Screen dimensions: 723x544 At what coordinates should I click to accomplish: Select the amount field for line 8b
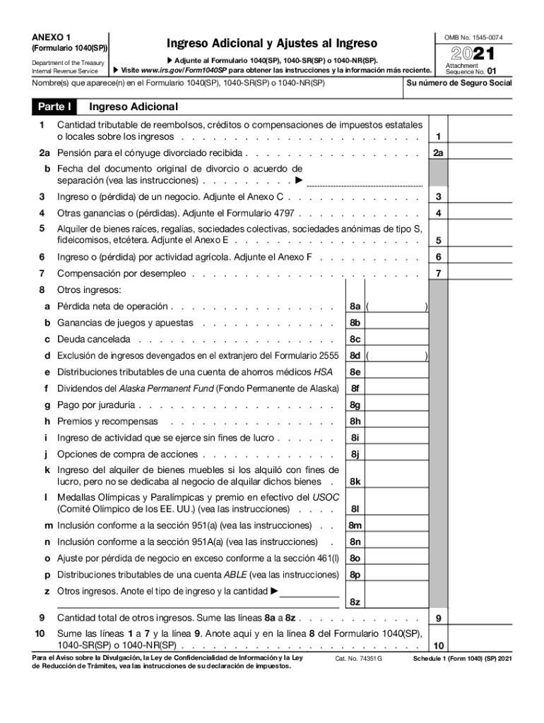coord(397,323)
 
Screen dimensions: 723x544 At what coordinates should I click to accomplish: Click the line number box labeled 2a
coord(438,153)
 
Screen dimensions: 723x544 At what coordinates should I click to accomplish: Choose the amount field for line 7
coord(495,273)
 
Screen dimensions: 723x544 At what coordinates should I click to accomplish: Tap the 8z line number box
coord(355,602)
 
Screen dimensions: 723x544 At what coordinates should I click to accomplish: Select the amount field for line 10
coord(495,645)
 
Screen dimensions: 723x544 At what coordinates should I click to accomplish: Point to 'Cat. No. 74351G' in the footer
coord(357,659)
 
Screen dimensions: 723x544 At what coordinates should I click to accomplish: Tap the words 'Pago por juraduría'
coord(97,405)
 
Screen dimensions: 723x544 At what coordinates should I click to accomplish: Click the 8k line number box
coord(355,482)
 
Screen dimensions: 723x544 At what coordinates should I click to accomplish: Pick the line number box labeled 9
coord(438,619)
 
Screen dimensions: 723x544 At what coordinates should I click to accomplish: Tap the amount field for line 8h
coord(397,422)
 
